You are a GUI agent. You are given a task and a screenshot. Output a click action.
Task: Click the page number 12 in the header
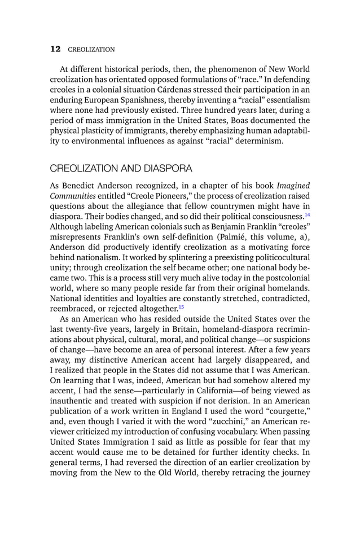click(x=55, y=49)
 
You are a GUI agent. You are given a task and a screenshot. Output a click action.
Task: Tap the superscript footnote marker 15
click(x=181, y=306)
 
